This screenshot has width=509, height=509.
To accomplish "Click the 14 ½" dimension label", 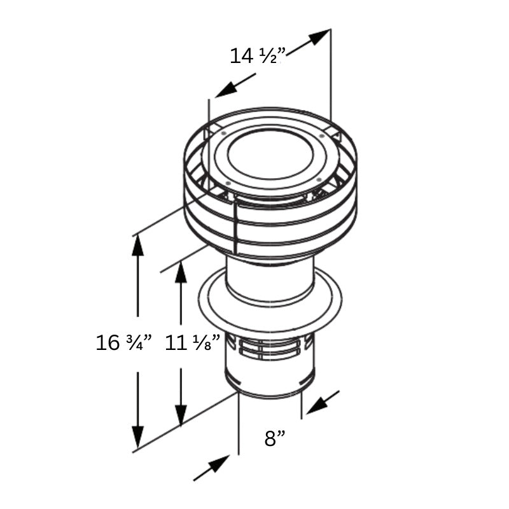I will click(256, 56).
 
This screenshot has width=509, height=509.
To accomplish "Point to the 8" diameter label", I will click(275, 438).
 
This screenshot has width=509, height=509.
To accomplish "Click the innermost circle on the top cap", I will click(270, 156).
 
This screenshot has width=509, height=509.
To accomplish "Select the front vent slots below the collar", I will click(270, 349).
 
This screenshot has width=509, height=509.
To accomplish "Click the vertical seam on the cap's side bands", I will click(235, 226).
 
